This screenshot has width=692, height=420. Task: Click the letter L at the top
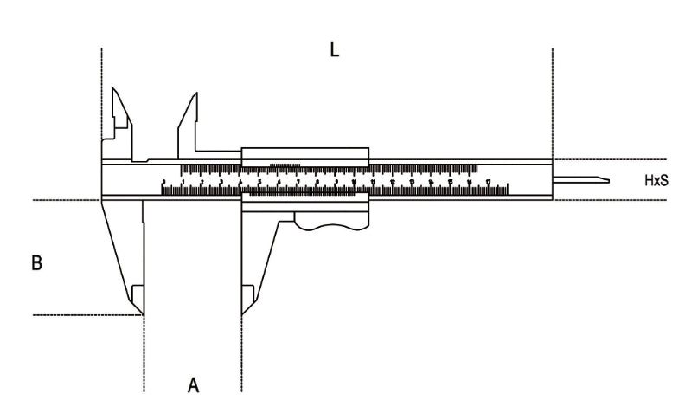pos(335,50)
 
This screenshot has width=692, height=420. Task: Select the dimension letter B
pos(37,262)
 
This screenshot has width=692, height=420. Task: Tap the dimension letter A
pos(194,384)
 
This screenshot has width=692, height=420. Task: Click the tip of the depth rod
pos(606,180)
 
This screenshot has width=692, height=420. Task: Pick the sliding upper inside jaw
pos(189,114)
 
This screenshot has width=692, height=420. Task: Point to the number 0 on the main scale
pos(163,182)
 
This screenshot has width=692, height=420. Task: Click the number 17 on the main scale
pos(489,182)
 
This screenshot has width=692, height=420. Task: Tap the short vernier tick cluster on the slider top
pos(285,164)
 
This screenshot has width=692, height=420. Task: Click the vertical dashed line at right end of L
pos(552,95)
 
